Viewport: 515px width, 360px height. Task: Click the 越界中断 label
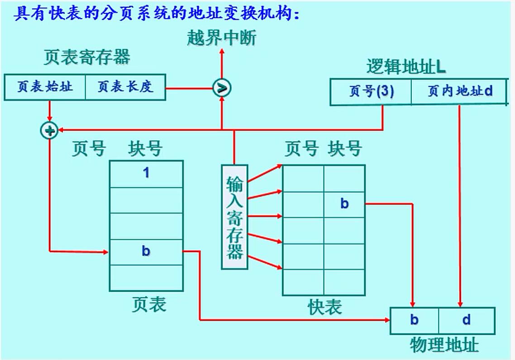[x=222, y=38]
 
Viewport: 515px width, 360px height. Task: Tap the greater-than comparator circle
[x=222, y=88]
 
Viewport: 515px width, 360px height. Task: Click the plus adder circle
[x=49, y=131]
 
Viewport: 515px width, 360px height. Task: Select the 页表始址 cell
[x=45, y=87]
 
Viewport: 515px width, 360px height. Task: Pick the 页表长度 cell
[x=125, y=87]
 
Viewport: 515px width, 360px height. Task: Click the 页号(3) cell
[x=371, y=92]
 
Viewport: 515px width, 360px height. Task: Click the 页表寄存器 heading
[x=86, y=57]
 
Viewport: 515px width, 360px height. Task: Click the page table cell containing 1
[x=146, y=174]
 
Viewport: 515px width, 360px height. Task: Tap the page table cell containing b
[x=146, y=251]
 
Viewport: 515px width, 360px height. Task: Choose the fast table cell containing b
[x=344, y=204]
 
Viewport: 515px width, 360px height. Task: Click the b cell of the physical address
[x=415, y=320]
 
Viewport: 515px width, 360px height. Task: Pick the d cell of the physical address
[x=467, y=320]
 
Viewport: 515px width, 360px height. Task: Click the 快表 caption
[x=324, y=307]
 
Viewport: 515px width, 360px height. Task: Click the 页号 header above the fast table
[x=301, y=148]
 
